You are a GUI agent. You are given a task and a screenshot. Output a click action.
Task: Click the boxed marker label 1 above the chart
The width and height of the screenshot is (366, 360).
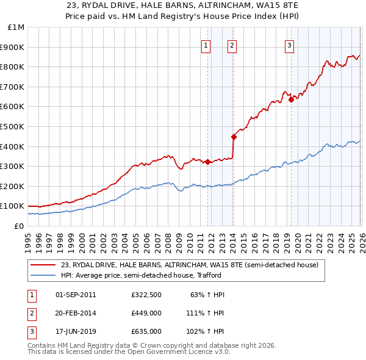206,45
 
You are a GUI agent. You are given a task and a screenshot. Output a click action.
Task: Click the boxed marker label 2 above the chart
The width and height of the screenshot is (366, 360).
232,45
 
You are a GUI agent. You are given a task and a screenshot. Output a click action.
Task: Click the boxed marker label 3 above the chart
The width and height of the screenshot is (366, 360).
289,45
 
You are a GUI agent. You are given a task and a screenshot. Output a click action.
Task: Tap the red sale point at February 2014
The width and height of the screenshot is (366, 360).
234,137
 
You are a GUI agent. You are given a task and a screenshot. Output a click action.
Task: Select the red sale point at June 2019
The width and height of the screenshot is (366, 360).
291,99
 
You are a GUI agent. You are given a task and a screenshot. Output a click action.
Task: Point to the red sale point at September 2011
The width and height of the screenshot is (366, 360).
207,162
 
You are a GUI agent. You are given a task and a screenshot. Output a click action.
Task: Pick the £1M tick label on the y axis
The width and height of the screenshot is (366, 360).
16,27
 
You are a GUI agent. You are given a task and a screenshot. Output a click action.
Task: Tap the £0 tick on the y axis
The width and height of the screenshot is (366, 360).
19,226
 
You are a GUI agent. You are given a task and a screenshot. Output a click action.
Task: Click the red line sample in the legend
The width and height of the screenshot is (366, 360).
43,265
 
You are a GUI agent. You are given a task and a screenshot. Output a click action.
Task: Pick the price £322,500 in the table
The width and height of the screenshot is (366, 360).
146,295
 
